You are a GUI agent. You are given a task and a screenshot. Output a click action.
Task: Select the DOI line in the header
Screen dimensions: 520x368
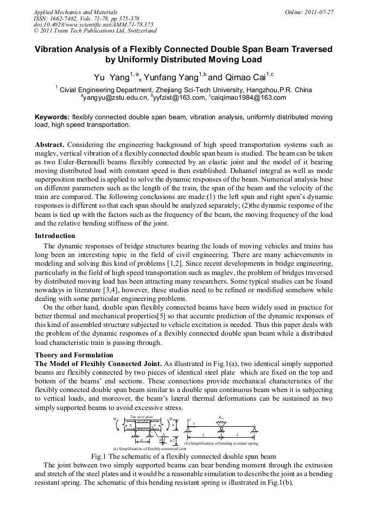point(93,24)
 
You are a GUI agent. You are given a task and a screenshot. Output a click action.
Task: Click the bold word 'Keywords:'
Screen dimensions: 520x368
point(52,117)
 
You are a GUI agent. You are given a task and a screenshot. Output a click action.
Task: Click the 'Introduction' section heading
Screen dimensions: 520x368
point(55,236)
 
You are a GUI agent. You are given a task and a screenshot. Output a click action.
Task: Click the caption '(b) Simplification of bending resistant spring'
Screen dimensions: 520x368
point(221,444)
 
